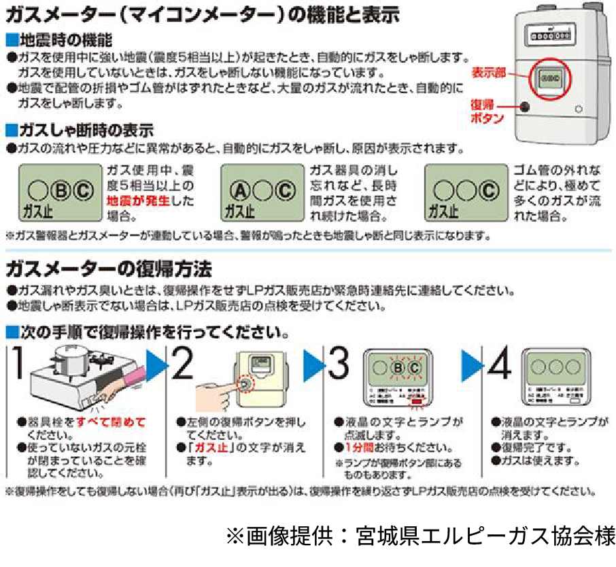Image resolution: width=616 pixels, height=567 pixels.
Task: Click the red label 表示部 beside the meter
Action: tap(489, 73)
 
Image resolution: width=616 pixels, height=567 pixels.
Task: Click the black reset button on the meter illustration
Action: tap(525, 107)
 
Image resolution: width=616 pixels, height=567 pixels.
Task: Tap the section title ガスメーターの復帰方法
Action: tap(108, 269)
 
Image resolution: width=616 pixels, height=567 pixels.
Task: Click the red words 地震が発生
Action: tap(139, 201)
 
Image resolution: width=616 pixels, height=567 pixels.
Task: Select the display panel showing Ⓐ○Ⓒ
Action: tap(262, 193)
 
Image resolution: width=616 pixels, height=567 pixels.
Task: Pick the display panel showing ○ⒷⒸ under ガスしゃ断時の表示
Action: tap(59, 193)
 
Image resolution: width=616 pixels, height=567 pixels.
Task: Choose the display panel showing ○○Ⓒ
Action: tap(466, 193)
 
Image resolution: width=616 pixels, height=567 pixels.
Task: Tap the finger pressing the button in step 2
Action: tap(218, 394)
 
